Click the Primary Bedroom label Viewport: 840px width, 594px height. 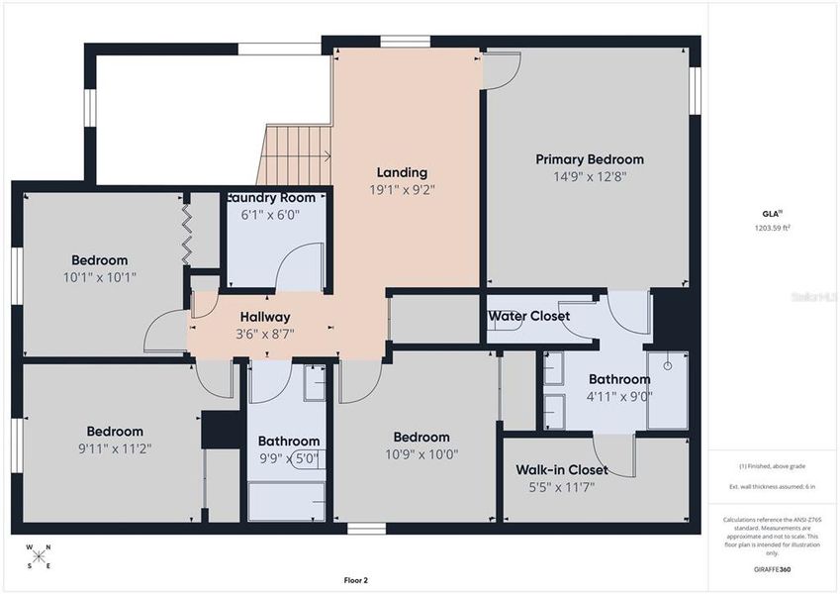[590, 159]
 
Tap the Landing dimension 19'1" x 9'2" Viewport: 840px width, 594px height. [402, 189]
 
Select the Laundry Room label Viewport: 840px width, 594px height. [271, 197]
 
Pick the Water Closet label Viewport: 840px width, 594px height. [528, 316]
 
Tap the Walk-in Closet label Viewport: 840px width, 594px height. [562, 469]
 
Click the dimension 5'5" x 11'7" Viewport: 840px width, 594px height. [562, 486]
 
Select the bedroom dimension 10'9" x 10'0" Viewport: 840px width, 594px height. [421, 454]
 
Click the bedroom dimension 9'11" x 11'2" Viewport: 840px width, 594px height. [115, 448]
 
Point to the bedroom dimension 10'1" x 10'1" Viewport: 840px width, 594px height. [99, 277]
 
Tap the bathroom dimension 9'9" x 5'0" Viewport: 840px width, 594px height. [289, 458]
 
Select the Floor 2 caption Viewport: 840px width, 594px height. [356, 580]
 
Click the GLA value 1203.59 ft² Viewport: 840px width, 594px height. [773, 228]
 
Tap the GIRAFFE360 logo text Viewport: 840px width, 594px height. [773, 569]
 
